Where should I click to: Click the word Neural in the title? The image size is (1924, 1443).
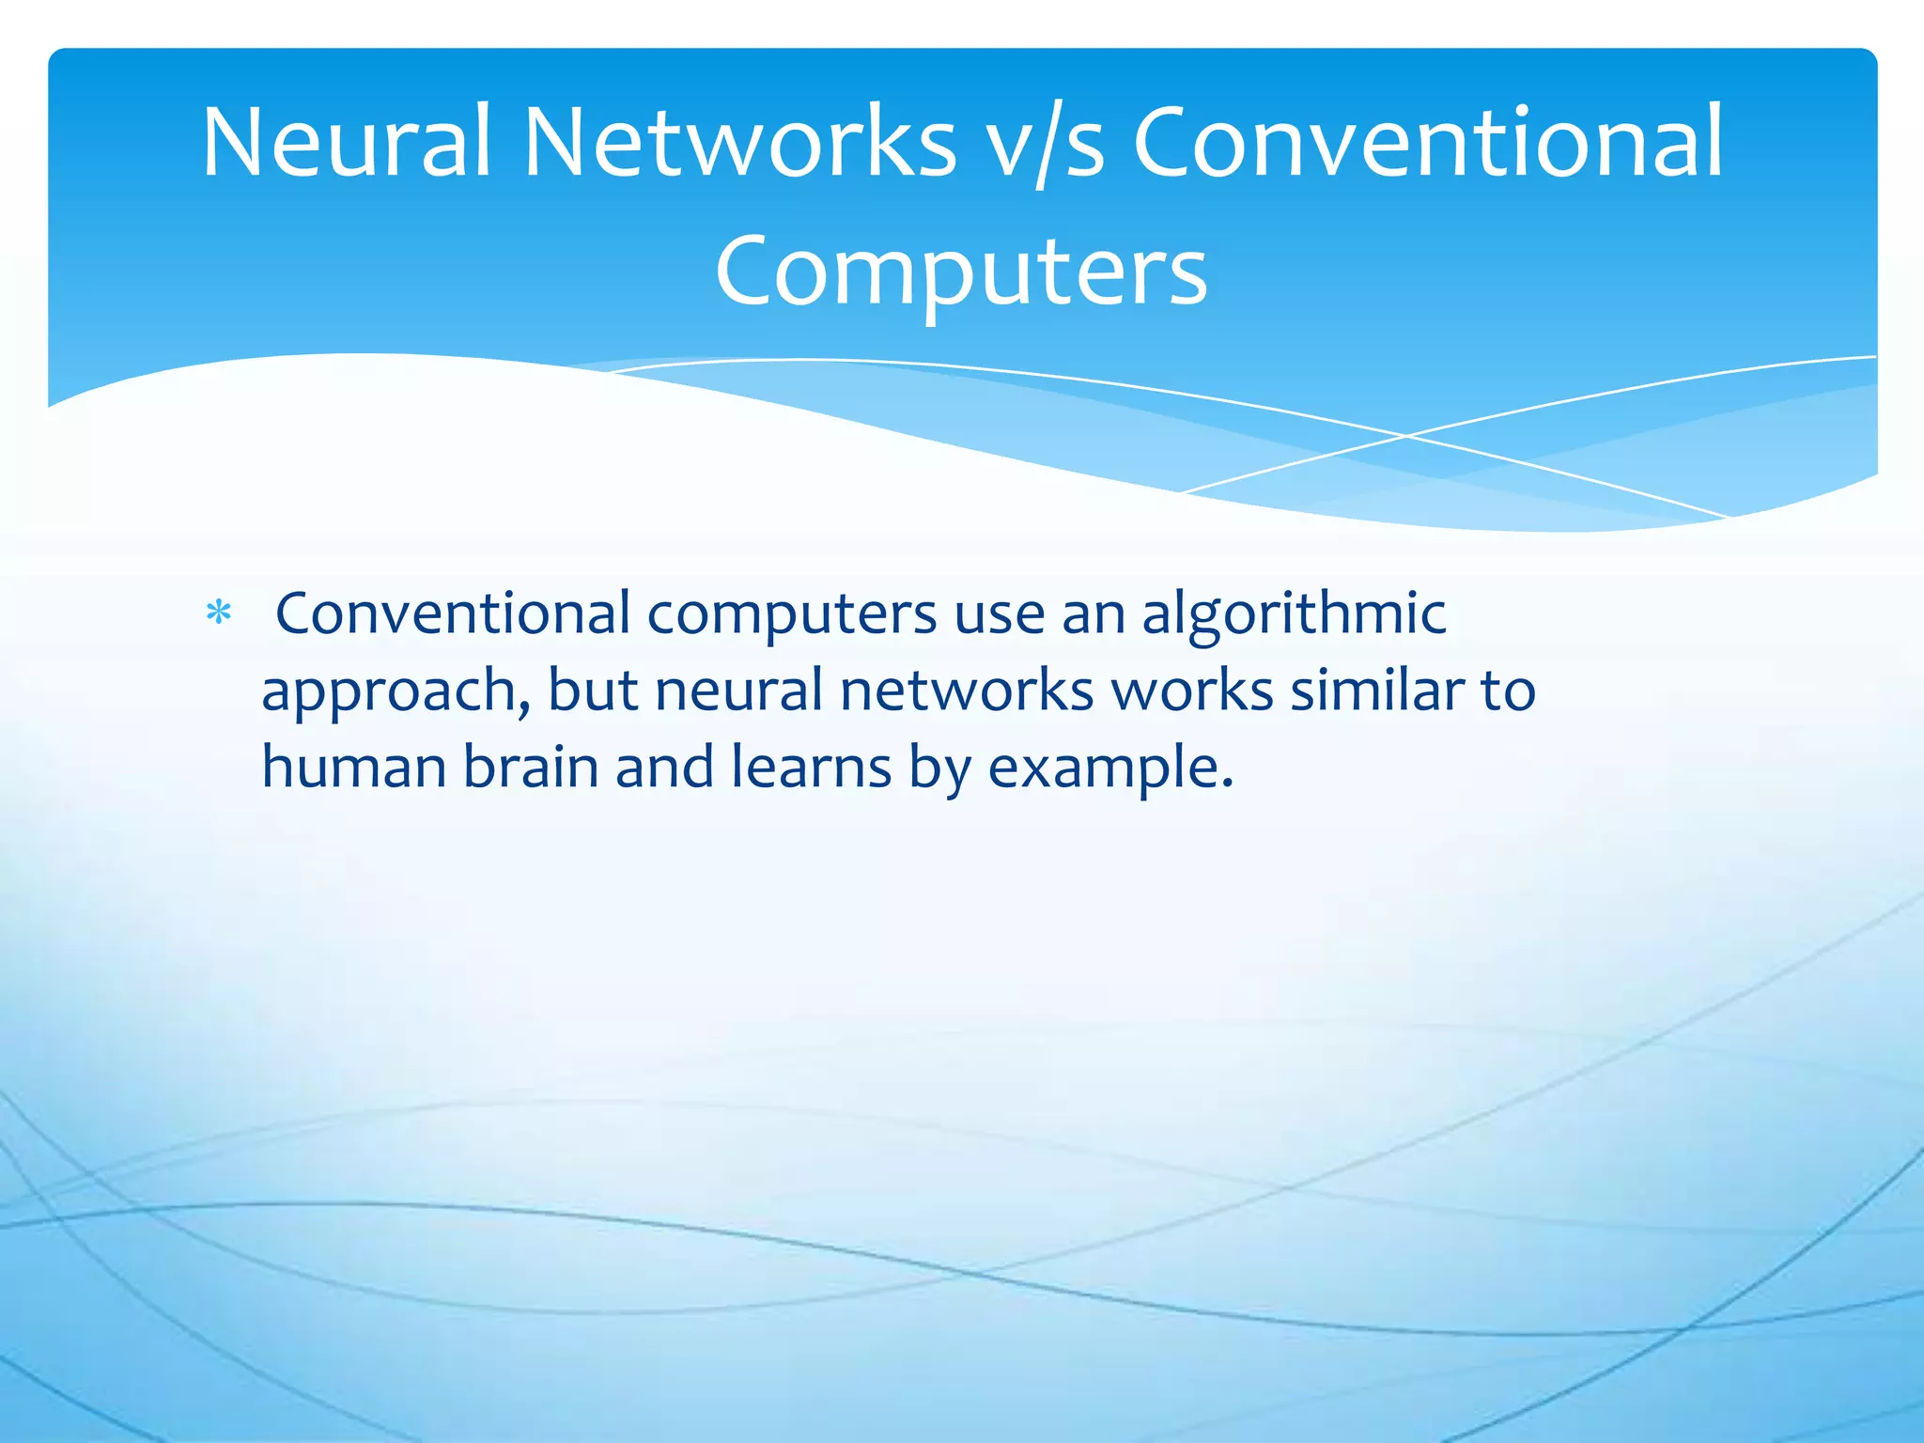tap(346, 143)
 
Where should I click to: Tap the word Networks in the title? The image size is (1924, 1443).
tap(739, 143)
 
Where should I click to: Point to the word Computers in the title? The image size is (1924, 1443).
tap(961, 271)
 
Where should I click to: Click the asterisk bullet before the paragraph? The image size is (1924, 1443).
tap(219, 614)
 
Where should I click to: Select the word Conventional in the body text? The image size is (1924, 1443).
tap(453, 614)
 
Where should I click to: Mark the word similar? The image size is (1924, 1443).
tap(1376, 690)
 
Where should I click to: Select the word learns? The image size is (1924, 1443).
tap(811, 767)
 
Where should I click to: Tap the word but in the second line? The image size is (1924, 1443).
tap(593, 690)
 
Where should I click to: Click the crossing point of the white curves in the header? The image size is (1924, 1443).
tap(1406, 436)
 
